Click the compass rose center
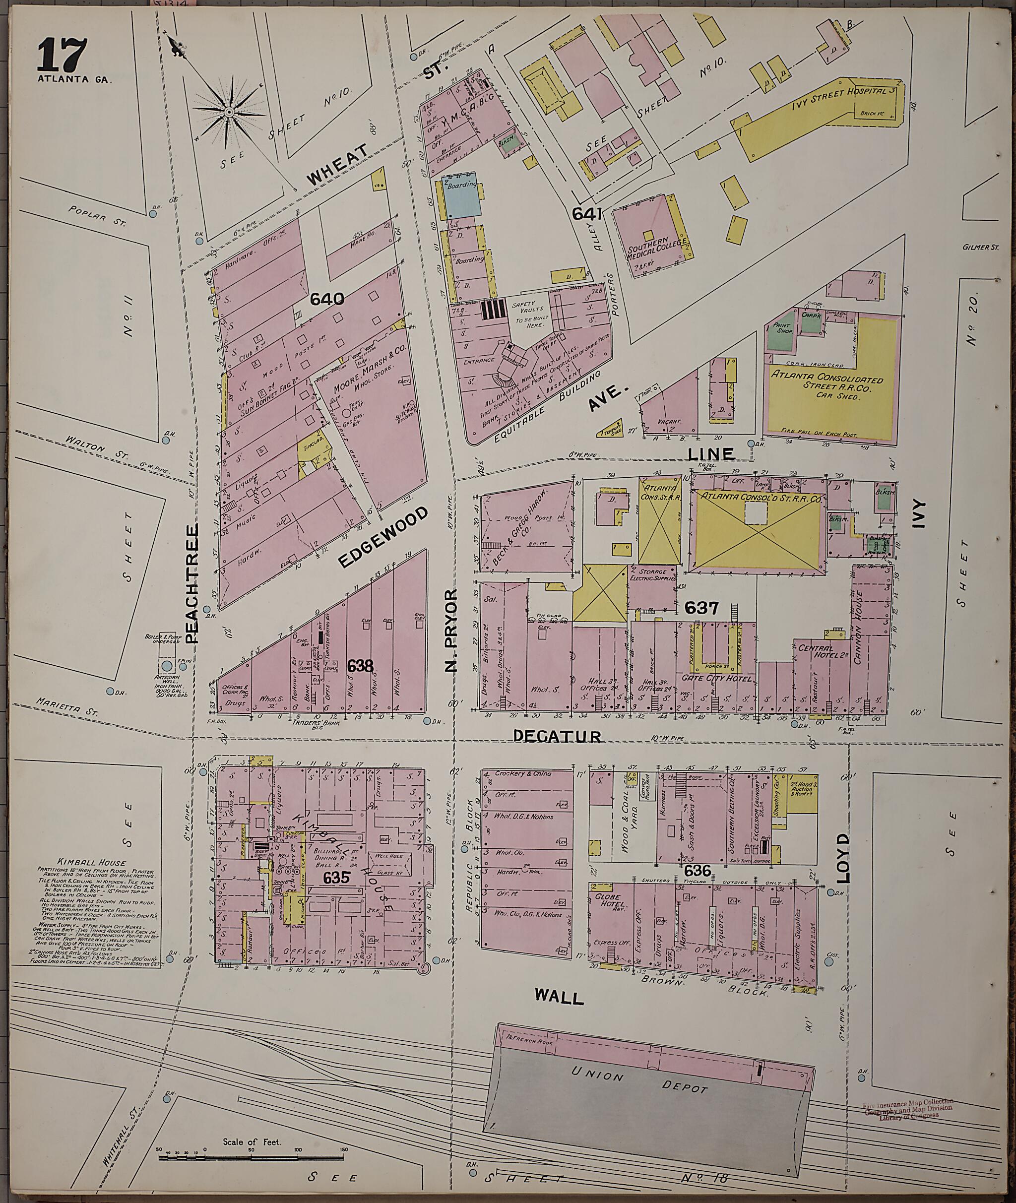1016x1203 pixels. pos(229,111)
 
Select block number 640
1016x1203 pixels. pos(326,298)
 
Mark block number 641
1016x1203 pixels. pos(587,214)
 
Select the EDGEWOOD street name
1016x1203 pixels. pos(384,537)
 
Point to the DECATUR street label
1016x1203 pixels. pos(557,736)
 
